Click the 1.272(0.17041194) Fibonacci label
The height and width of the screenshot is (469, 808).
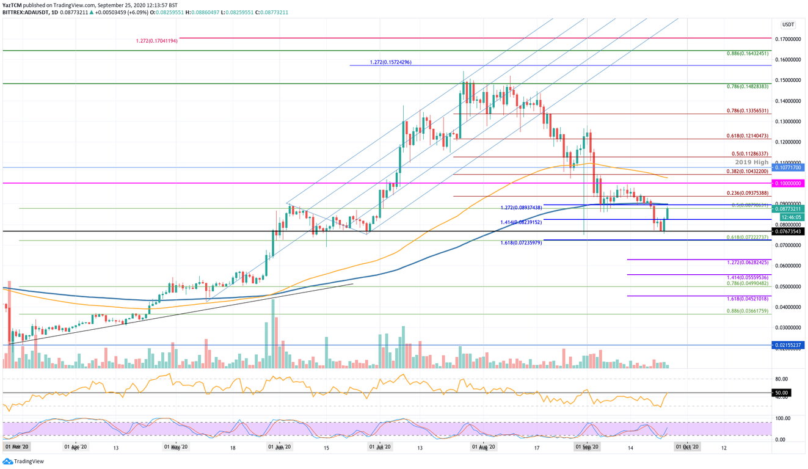click(156, 41)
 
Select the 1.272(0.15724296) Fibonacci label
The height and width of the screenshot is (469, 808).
click(391, 63)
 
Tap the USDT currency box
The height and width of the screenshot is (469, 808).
click(787, 25)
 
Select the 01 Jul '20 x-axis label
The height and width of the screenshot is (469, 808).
click(379, 446)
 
